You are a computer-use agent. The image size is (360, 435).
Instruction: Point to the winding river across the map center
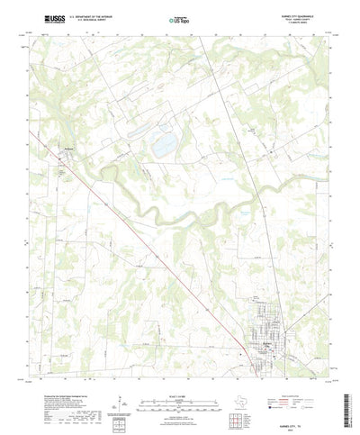coord(180,216)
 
